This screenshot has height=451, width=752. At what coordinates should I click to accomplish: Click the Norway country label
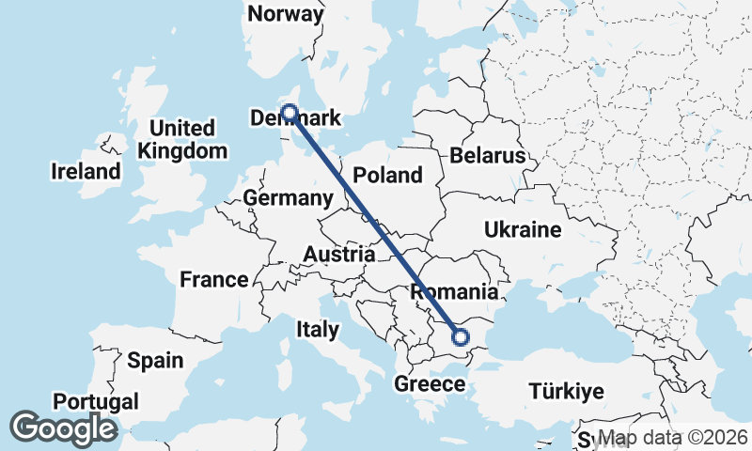[285, 14]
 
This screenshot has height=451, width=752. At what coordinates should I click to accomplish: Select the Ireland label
[86, 171]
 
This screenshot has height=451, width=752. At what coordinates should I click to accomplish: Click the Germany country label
[288, 198]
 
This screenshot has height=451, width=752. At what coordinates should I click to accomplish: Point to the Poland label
[387, 175]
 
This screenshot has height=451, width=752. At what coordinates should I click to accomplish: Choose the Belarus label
[486, 155]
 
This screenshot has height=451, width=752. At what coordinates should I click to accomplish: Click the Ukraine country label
[523, 229]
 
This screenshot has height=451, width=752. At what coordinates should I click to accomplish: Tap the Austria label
[338, 255]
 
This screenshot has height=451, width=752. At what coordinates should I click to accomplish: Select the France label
[214, 279]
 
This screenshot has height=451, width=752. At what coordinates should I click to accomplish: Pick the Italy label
[317, 329]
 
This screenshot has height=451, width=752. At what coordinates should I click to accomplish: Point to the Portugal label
[96, 401]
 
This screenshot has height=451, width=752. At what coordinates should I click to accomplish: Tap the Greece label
[431, 383]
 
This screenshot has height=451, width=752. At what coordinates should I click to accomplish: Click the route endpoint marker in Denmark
[290, 113]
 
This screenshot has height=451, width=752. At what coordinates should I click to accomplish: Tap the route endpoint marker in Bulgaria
[461, 336]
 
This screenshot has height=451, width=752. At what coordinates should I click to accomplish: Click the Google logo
[63, 428]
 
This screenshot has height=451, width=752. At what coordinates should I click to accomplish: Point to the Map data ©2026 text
[674, 438]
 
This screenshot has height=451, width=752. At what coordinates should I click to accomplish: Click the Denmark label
[296, 117]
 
